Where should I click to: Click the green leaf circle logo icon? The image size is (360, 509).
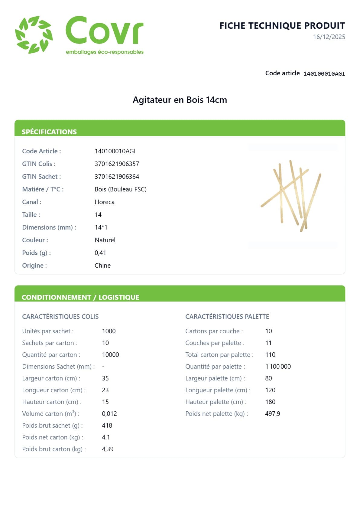(x=34, y=35)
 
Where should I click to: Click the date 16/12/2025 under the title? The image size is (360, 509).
(x=329, y=37)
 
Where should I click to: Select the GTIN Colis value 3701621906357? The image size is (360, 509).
(x=117, y=164)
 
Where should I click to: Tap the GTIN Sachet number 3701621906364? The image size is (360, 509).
(x=117, y=177)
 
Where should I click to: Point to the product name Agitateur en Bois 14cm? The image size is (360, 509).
(x=180, y=100)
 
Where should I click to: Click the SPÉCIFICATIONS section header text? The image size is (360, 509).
(x=49, y=132)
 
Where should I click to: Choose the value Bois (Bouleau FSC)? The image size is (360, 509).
(x=121, y=189)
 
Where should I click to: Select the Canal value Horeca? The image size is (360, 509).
(x=105, y=202)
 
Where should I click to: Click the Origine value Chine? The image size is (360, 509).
(x=102, y=266)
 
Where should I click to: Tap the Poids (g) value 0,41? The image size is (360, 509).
(x=100, y=253)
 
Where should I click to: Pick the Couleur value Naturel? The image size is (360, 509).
(x=105, y=240)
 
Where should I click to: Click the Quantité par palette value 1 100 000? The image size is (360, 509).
(x=278, y=367)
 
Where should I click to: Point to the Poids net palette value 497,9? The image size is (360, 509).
(x=272, y=414)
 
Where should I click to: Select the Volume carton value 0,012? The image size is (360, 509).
(x=109, y=414)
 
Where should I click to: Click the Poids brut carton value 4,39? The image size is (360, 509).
(x=108, y=449)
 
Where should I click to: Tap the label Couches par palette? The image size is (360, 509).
(x=215, y=343)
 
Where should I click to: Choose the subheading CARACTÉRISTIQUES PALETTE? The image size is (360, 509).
(x=227, y=317)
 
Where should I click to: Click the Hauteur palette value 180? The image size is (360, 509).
(x=270, y=402)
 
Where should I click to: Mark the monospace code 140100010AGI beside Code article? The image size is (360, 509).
(x=324, y=73)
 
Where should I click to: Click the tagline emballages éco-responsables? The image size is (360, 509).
(x=105, y=52)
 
